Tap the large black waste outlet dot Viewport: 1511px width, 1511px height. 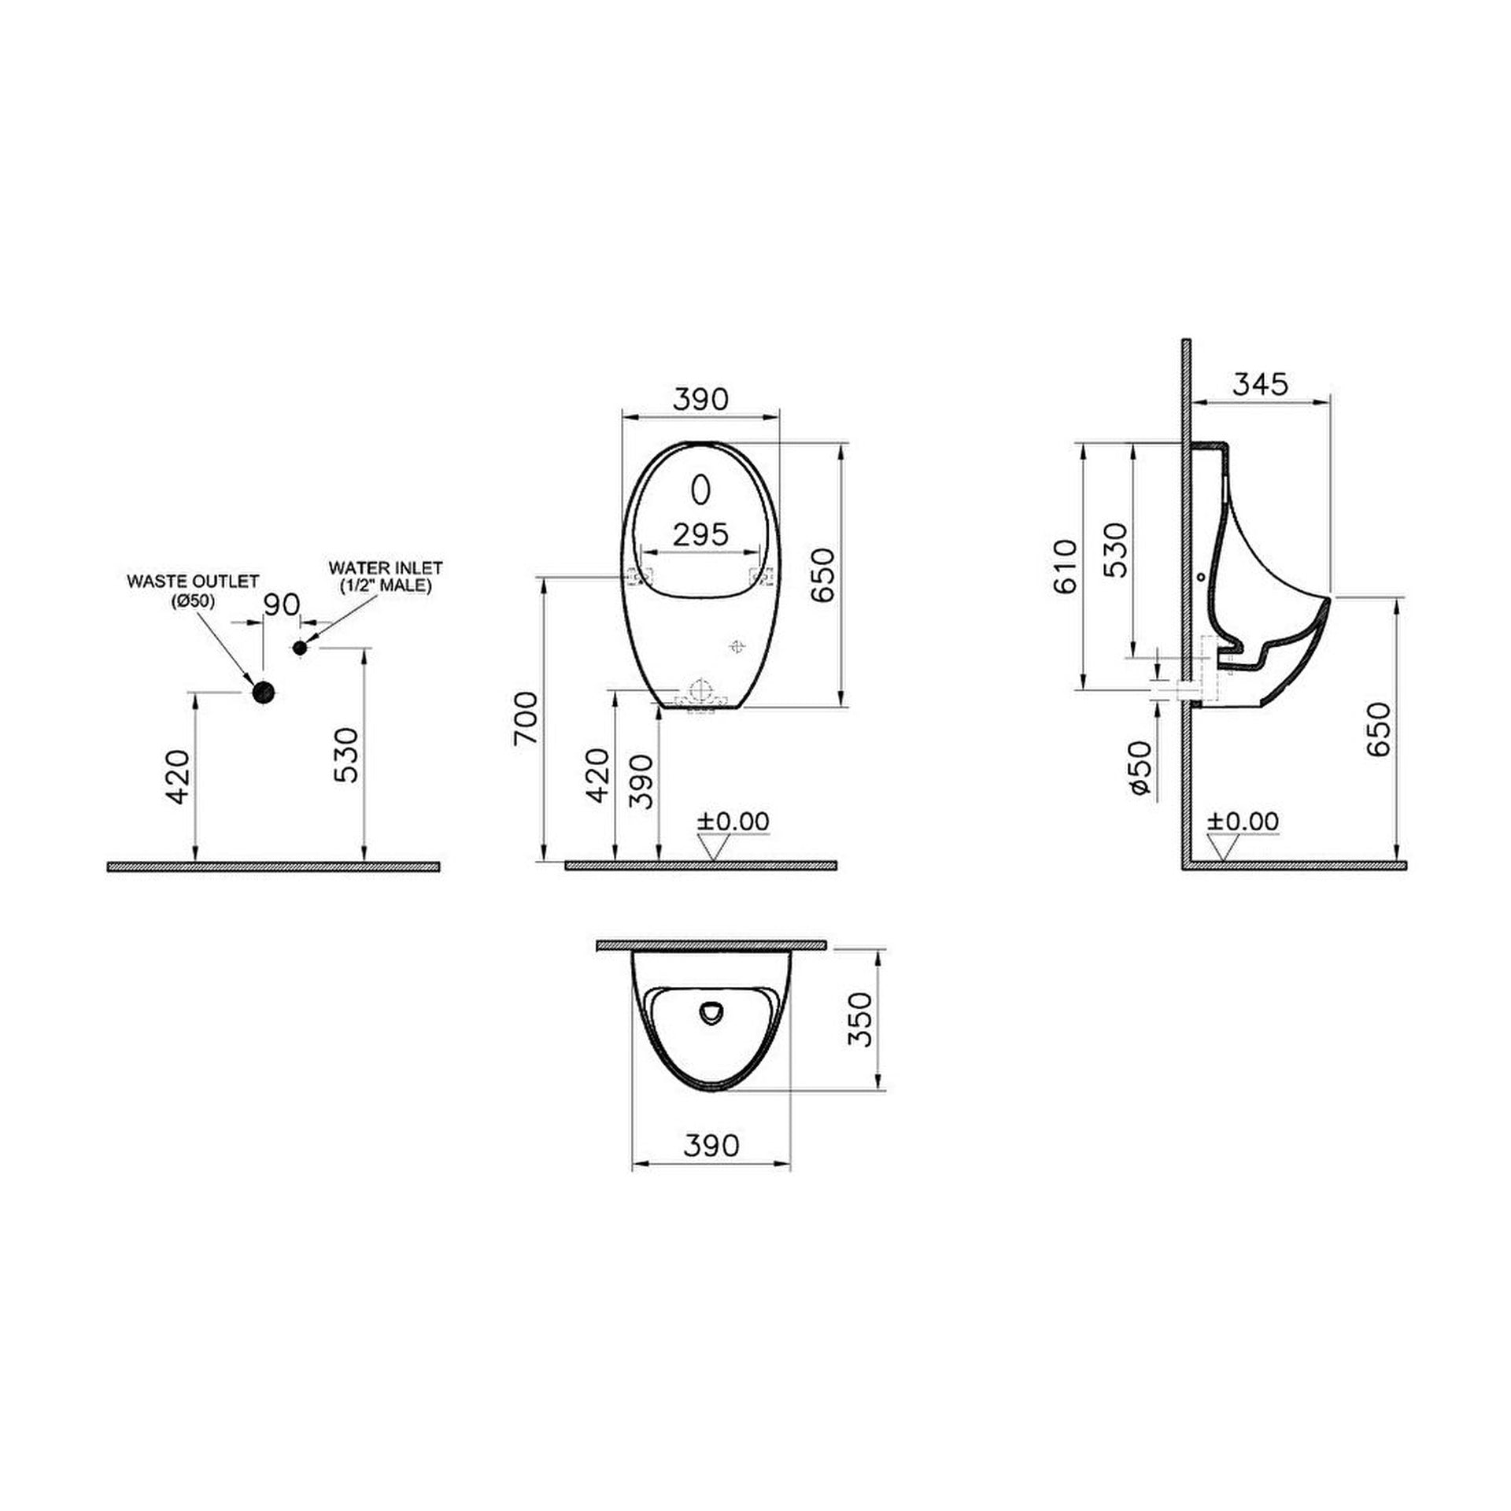263,692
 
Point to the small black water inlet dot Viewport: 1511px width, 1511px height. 299,648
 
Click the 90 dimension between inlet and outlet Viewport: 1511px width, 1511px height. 281,604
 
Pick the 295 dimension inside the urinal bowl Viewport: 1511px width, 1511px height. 701,534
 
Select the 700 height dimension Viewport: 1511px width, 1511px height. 526,717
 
